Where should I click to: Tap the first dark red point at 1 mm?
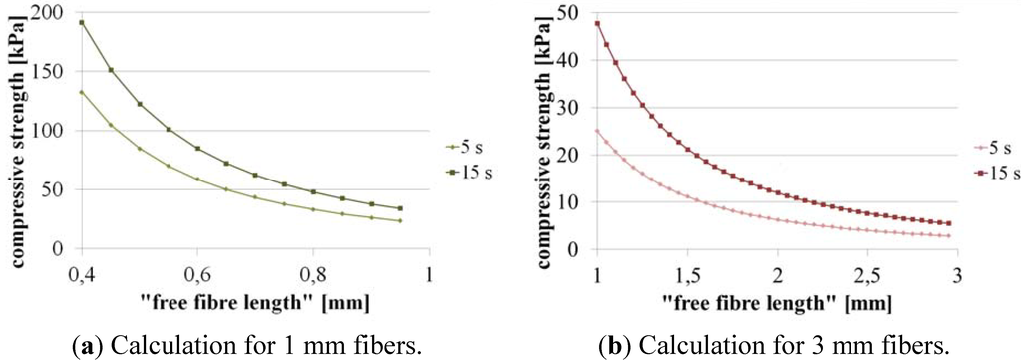coord(597,22)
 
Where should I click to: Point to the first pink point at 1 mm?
coord(597,130)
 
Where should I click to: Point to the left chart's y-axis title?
coord(18,135)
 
